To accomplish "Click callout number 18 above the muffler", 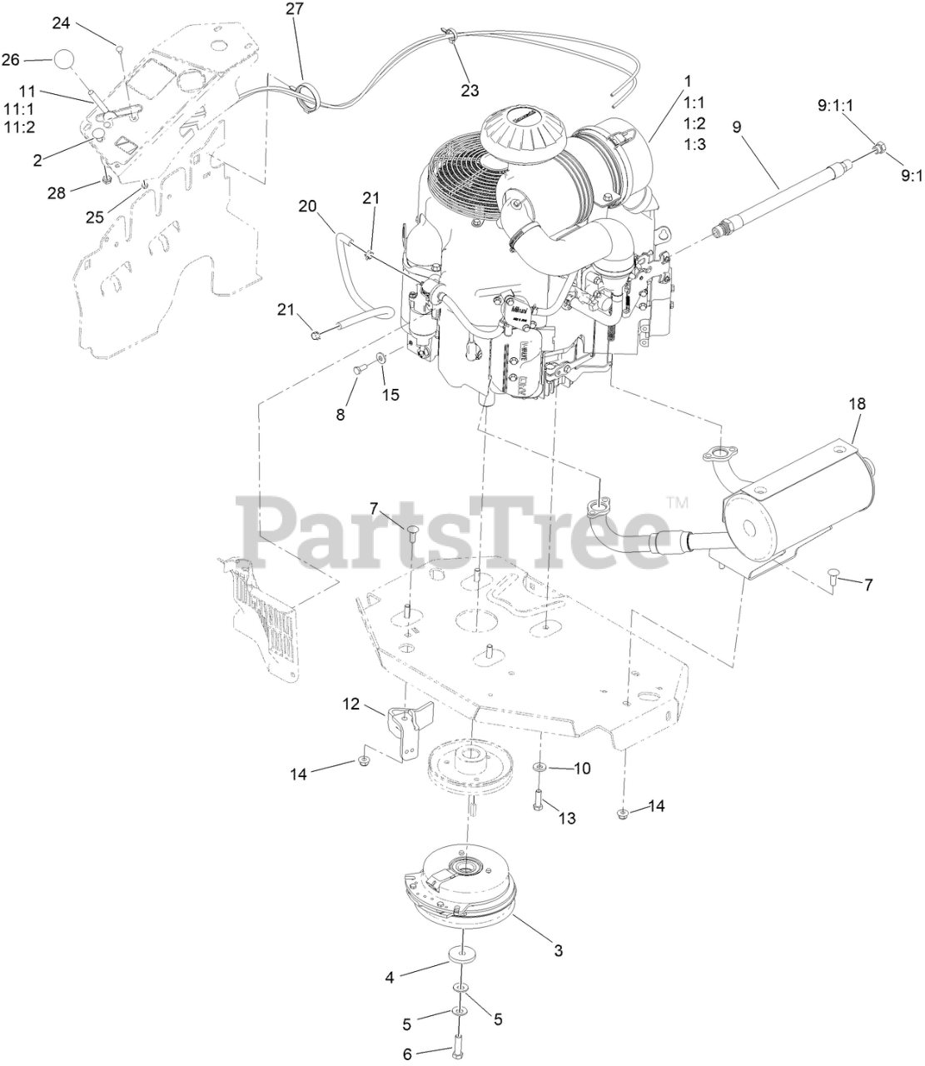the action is pyautogui.click(x=857, y=404).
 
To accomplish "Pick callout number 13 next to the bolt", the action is pyautogui.click(x=566, y=818).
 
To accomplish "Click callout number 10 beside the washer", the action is pyautogui.click(x=581, y=768).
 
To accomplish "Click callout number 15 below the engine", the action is pyautogui.click(x=390, y=394).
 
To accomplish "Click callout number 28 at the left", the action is pyautogui.click(x=56, y=193).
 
